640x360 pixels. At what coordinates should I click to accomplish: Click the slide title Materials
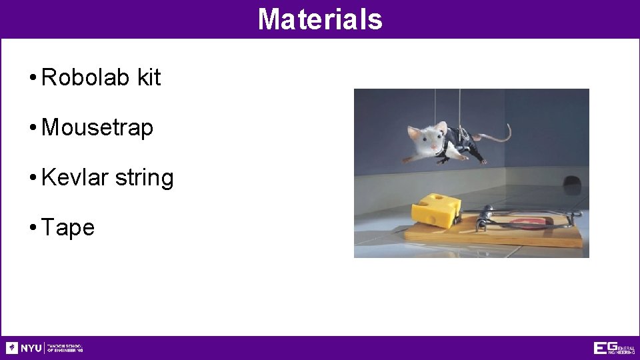coord(320,19)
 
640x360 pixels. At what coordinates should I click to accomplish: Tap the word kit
coord(149,77)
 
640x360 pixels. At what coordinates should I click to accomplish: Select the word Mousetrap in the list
coord(97,127)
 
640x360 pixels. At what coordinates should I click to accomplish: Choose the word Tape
coord(68,228)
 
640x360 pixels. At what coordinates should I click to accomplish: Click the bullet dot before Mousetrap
coord(33,128)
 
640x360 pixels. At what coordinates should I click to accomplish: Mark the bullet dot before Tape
coord(33,228)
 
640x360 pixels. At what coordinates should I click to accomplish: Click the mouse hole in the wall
coord(571,181)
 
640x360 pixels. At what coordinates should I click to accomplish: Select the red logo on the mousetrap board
coord(533,220)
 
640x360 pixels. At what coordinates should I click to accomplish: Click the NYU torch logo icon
coord(12,348)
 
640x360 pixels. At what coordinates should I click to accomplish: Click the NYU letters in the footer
coord(31,348)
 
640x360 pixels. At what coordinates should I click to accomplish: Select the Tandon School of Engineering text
coord(65,348)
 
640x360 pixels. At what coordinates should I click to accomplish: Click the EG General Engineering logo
coord(614,348)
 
